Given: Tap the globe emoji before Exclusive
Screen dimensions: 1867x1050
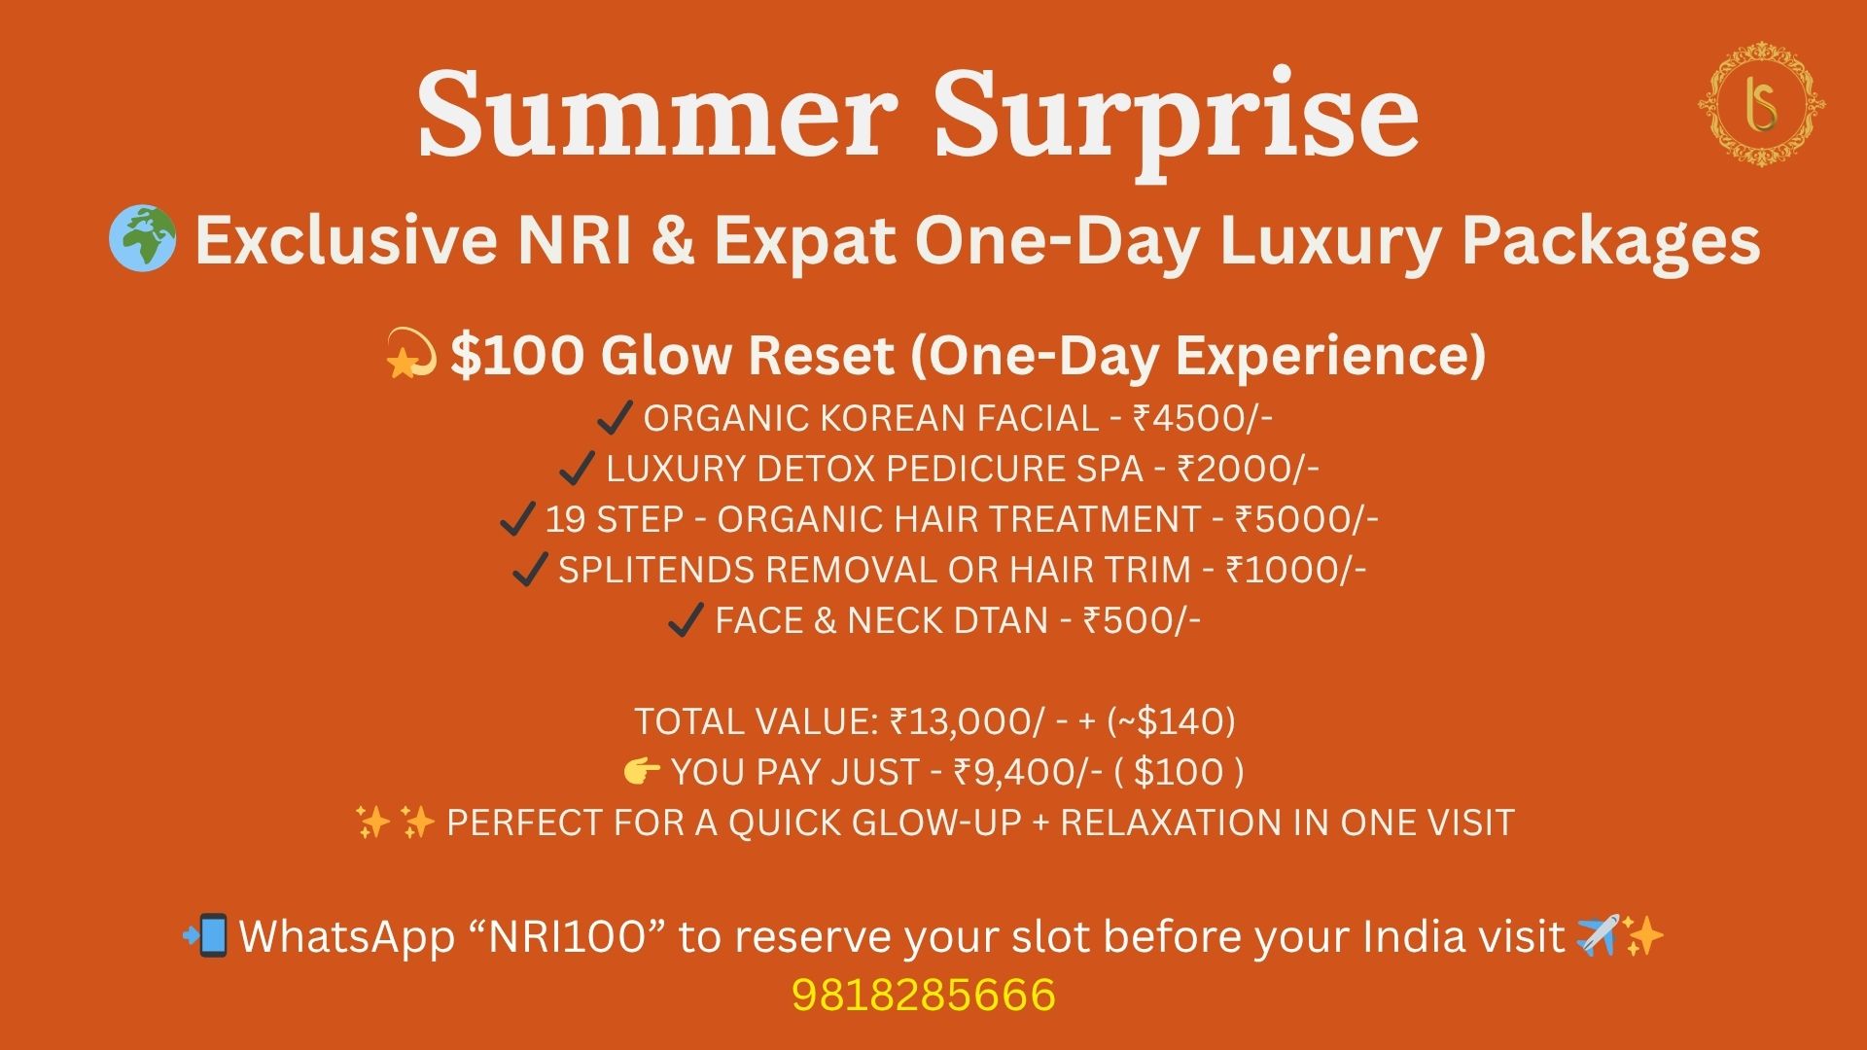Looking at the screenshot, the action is tap(143, 239).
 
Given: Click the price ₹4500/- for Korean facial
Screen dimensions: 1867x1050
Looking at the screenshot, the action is tap(1203, 418).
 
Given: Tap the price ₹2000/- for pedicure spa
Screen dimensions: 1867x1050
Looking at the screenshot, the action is tap(1248, 469).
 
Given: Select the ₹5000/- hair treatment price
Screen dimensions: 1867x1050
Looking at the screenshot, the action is tap(1306, 519).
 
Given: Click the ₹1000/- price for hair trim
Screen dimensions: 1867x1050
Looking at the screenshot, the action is tap(1296, 570).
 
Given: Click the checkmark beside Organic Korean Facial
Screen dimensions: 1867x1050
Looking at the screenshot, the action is tap(615, 418).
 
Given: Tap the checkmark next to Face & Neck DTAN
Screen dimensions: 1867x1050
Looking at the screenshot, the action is tap(687, 620).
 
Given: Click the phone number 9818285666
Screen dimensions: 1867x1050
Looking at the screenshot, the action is tap(924, 995).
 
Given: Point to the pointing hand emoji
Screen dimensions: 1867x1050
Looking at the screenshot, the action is tap(642, 772).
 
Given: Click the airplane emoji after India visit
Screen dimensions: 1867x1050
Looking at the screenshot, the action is tap(1598, 935).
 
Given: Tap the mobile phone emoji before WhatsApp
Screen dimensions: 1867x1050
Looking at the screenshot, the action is tap(206, 935).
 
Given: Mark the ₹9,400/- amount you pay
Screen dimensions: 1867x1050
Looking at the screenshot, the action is tap(1028, 772).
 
